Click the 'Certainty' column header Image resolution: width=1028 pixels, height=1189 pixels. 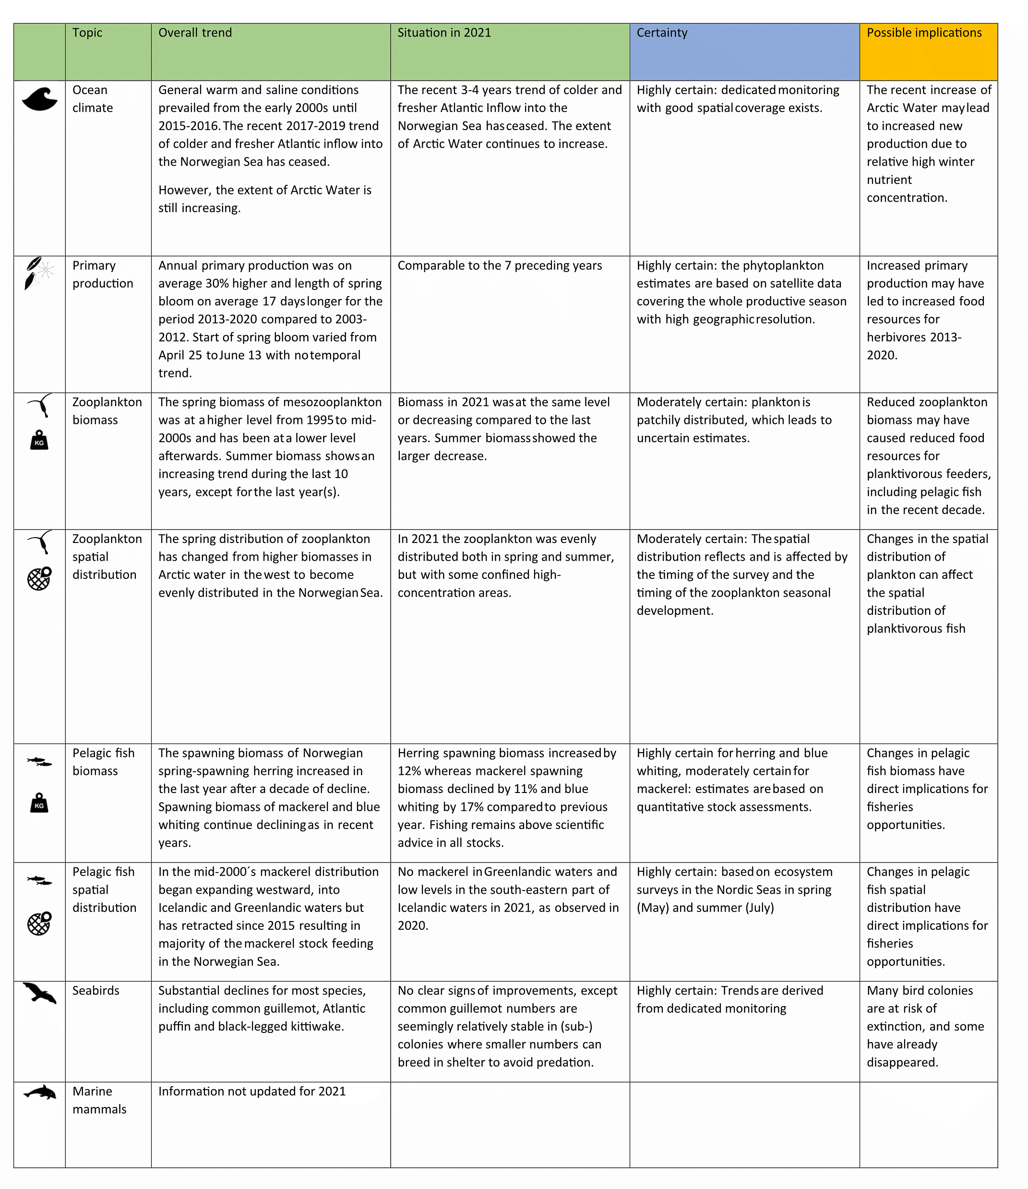[x=661, y=33]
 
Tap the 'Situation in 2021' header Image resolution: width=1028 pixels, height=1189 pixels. [x=444, y=33]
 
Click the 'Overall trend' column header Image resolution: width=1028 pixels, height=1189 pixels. [x=195, y=33]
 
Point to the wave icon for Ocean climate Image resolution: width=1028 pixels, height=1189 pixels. [x=39, y=99]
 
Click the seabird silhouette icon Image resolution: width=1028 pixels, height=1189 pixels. [x=39, y=993]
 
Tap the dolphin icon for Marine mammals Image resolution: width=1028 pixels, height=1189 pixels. [x=39, y=1093]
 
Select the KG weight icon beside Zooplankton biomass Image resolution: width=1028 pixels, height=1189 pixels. [x=39, y=440]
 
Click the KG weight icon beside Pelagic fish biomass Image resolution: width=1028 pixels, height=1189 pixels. [x=39, y=804]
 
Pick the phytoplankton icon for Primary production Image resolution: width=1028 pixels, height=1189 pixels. [x=38, y=273]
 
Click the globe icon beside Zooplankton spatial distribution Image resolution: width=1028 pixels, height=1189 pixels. [x=39, y=578]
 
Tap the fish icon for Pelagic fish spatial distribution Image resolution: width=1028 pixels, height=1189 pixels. [x=39, y=880]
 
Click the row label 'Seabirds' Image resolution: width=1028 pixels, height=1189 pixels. [x=96, y=990]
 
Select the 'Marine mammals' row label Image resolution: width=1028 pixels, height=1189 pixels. [x=99, y=1100]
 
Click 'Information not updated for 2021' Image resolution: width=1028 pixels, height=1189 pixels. [x=252, y=1092]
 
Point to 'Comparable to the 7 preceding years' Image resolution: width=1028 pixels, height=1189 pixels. [x=499, y=265]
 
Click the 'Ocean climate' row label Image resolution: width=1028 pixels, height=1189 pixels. [x=92, y=99]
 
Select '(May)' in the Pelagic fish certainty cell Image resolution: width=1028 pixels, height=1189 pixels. [x=652, y=908]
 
